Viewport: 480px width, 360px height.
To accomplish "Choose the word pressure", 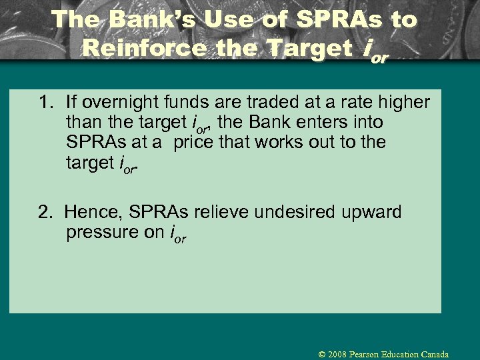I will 97,233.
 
